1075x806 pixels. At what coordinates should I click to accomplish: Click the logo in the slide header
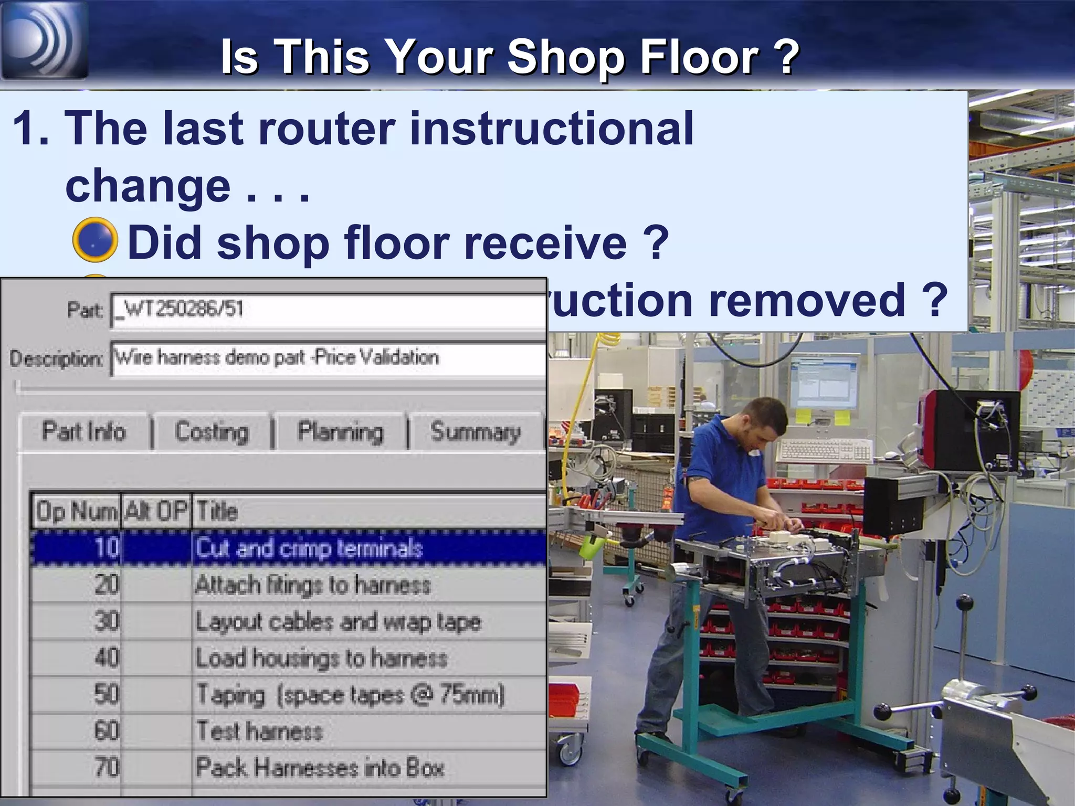44,40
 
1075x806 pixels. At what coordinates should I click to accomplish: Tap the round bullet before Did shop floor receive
94,240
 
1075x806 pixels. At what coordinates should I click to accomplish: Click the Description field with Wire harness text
328,358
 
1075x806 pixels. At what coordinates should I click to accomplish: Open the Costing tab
212,432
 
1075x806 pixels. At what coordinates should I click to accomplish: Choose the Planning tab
341,432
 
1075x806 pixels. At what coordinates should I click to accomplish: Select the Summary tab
476,432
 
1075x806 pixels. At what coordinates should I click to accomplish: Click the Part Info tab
84,432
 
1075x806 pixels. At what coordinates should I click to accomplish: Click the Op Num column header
76,511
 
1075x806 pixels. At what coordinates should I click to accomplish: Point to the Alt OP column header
156,511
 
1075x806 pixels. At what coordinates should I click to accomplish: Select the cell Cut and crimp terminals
310,548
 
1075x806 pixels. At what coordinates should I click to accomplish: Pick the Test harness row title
259,731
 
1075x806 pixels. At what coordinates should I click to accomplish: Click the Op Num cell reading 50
107,694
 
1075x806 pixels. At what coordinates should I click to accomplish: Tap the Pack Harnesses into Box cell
320,768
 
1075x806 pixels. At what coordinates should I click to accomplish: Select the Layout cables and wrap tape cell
339,622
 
